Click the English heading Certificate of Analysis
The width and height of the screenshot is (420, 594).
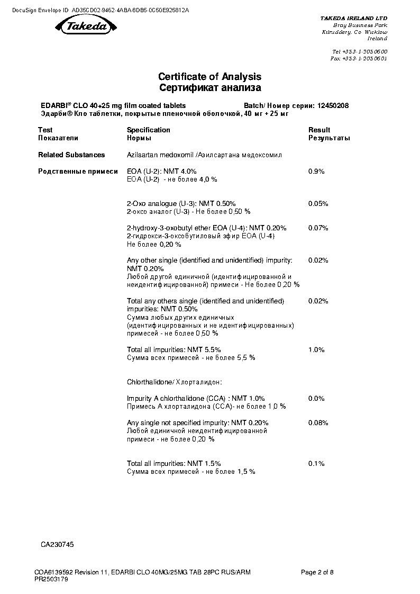click(x=209, y=77)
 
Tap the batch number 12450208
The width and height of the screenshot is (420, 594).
click(x=333, y=106)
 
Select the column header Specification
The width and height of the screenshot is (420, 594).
click(x=148, y=130)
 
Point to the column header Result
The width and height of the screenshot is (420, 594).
click(x=319, y=130)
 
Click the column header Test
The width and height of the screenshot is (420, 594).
click(x=45, y=130)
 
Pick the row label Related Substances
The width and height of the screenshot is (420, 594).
click(x=71, y=155)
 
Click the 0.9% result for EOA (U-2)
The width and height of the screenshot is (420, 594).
click(x=316, y=172)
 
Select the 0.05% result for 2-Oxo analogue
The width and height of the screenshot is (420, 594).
click(x=318, y=204)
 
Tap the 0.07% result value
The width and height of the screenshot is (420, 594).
click(x=318, y=228)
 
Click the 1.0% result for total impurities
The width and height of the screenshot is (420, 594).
click(x=316, y=350)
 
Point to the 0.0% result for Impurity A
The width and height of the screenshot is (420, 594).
click(x=316, y=398)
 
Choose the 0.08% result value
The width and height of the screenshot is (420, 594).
click(x=318, y=423)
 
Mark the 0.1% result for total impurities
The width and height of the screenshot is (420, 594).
click(x=316, y=464)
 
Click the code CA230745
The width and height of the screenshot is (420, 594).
click(x=57, y=544)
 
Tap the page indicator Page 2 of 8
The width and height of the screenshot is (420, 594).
click(x=317, y=572)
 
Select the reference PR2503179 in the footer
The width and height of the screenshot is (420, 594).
click(x=51, y=579)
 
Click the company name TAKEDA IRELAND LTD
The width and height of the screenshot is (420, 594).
click(x=354, y=18)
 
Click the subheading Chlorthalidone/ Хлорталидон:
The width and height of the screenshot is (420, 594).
click(x=174, y=382)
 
